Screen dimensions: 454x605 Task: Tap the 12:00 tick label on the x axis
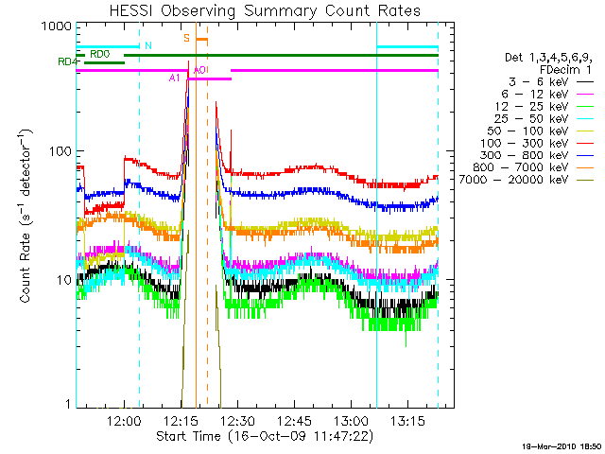125,420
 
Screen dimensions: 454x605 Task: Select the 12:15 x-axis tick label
181,420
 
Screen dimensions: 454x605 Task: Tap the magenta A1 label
175,78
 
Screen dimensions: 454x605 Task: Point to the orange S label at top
187,38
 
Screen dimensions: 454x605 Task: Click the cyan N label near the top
147,45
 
